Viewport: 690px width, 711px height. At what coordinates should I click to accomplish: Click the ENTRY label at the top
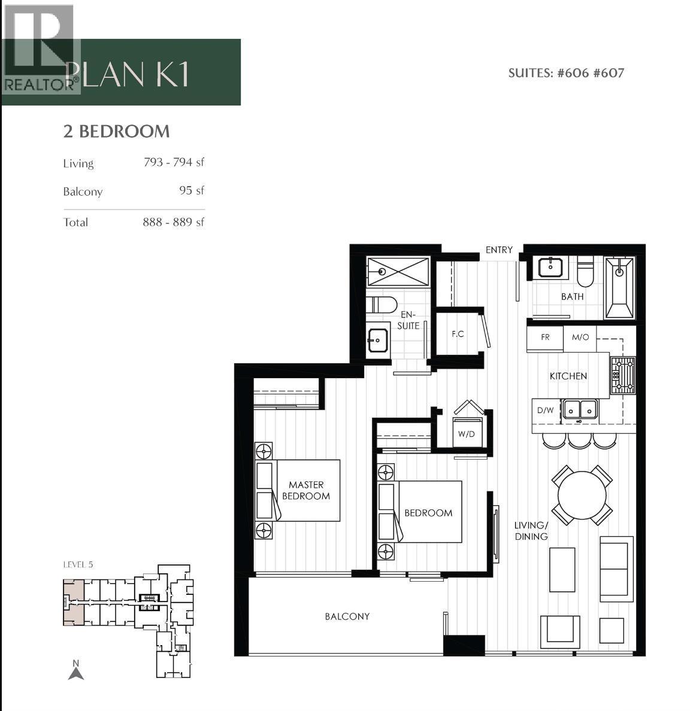pos(499,250)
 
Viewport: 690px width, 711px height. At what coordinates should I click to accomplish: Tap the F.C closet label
pos(458,333)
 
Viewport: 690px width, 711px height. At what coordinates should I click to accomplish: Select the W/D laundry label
pos(466,433)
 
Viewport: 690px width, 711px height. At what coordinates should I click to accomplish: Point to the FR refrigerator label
pos(545,338)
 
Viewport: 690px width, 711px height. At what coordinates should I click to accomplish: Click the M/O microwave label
pos(580,338)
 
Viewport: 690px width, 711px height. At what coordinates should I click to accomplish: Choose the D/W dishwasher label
pos(545,411)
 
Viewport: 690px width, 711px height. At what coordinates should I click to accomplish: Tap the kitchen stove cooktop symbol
pos(622,375)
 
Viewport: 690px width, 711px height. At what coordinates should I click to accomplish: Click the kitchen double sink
pos(579,409)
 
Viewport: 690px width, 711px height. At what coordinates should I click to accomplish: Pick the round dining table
pos(582,496)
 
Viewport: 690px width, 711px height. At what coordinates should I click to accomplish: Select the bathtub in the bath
pos(619,288)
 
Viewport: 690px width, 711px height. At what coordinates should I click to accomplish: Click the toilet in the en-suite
pos(381,305)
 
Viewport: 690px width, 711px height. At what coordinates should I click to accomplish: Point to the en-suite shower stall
pos(398,272)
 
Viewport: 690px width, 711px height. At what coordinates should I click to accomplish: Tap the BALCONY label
pos(347,616)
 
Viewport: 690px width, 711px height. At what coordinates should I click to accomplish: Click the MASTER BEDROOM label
pos(305,490)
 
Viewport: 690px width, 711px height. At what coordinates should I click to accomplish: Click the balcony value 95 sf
pos(192,190)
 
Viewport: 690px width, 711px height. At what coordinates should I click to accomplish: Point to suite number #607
pos(609,73)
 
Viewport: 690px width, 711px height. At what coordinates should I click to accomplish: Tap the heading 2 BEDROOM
pos(116,131)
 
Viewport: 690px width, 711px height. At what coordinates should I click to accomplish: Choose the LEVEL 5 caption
pos(78,564)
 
